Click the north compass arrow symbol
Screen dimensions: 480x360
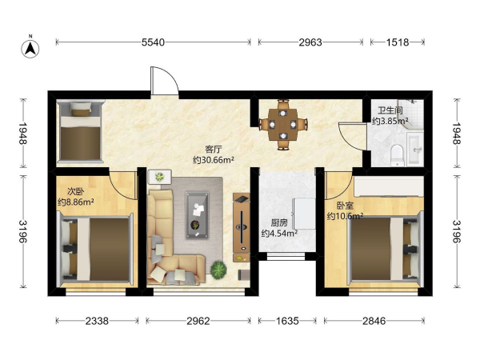click(x=30, y=48)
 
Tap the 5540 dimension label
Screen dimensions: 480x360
click(x=153, y=42)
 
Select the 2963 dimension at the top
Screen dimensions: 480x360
click(x=310, y=42)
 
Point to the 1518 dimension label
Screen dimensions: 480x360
click(x=398, y=42)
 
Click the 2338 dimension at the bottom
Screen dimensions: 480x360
click(x=97, y=321)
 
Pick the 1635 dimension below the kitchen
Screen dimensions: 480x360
click(x=287, y=321)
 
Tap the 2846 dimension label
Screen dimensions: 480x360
click(x=374, y=321)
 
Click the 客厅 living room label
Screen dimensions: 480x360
click(x=214, y=150)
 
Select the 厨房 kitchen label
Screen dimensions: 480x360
click(x=279, y=223)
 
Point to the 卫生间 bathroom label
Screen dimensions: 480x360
click(x=390, y=110)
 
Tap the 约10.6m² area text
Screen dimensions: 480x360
click(x=345, y=216)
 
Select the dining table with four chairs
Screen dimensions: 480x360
click(x=283, y=125)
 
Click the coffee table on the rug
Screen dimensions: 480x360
click(x=198, y=215)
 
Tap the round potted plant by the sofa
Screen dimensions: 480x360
click(x=218, y=270)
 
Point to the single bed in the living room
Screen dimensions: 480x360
click(x=81, y=131)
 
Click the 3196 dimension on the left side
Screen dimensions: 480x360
click(x=23, y=231)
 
